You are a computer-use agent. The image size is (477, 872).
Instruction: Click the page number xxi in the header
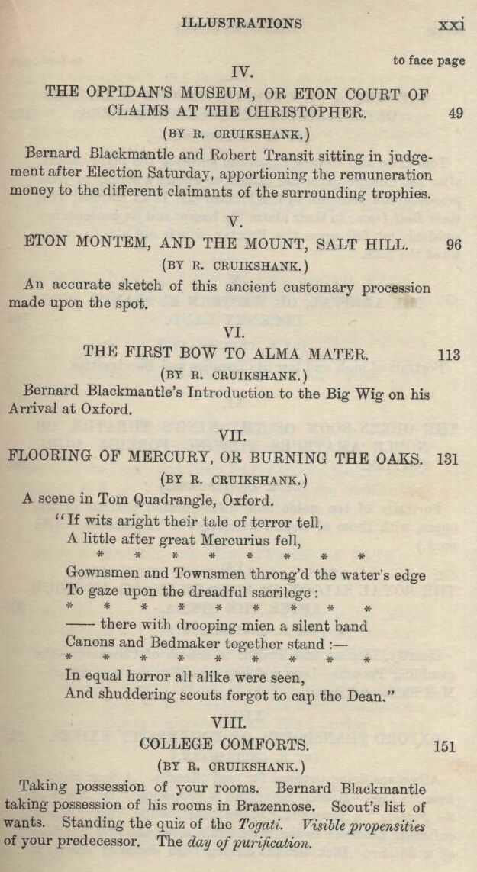pyautogui.click(x=451, y=24)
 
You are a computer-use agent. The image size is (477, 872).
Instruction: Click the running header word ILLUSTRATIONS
pyautogui.click(x=241, y=23)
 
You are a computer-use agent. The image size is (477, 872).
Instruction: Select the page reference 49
pyautogui.click(x=456, y=113)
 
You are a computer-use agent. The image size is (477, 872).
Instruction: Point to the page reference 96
pyautogui.click(x=453, y=246)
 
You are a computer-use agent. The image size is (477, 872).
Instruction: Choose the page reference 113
pyautogui.click(x=450, y=354)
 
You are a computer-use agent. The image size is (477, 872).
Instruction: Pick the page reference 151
pyautogui.click(x=444, y=745)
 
